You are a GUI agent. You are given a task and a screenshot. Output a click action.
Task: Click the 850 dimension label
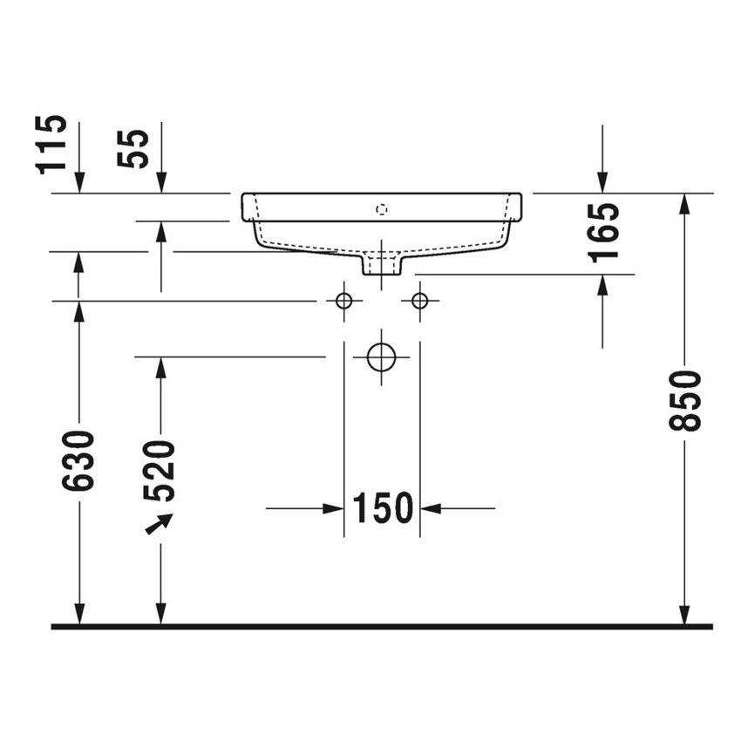click(686, 400)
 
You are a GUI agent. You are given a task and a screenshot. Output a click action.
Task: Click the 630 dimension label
click(78, 459)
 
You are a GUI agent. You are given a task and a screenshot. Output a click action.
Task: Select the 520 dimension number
click(160, 470)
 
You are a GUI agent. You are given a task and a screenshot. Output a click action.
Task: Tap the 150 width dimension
click(382, 507)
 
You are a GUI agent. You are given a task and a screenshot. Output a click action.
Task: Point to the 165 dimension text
click(603, 232)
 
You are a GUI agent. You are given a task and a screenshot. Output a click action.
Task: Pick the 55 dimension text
click(135, 148)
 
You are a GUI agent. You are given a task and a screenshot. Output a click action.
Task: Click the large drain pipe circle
click(382, 357)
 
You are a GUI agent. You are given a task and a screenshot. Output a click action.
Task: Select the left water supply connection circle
click(343, 301)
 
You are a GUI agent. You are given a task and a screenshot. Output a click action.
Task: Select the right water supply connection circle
click(420, 301)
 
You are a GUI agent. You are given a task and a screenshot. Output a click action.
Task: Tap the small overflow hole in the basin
click(380, 208)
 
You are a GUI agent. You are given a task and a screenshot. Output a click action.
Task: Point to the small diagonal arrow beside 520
click(158, 525)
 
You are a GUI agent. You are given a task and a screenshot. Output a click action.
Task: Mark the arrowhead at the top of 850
click(686, 203)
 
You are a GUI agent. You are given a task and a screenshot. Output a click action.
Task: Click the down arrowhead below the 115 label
click(79, 182)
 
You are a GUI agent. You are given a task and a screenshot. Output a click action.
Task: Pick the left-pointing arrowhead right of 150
click(431, 507)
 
